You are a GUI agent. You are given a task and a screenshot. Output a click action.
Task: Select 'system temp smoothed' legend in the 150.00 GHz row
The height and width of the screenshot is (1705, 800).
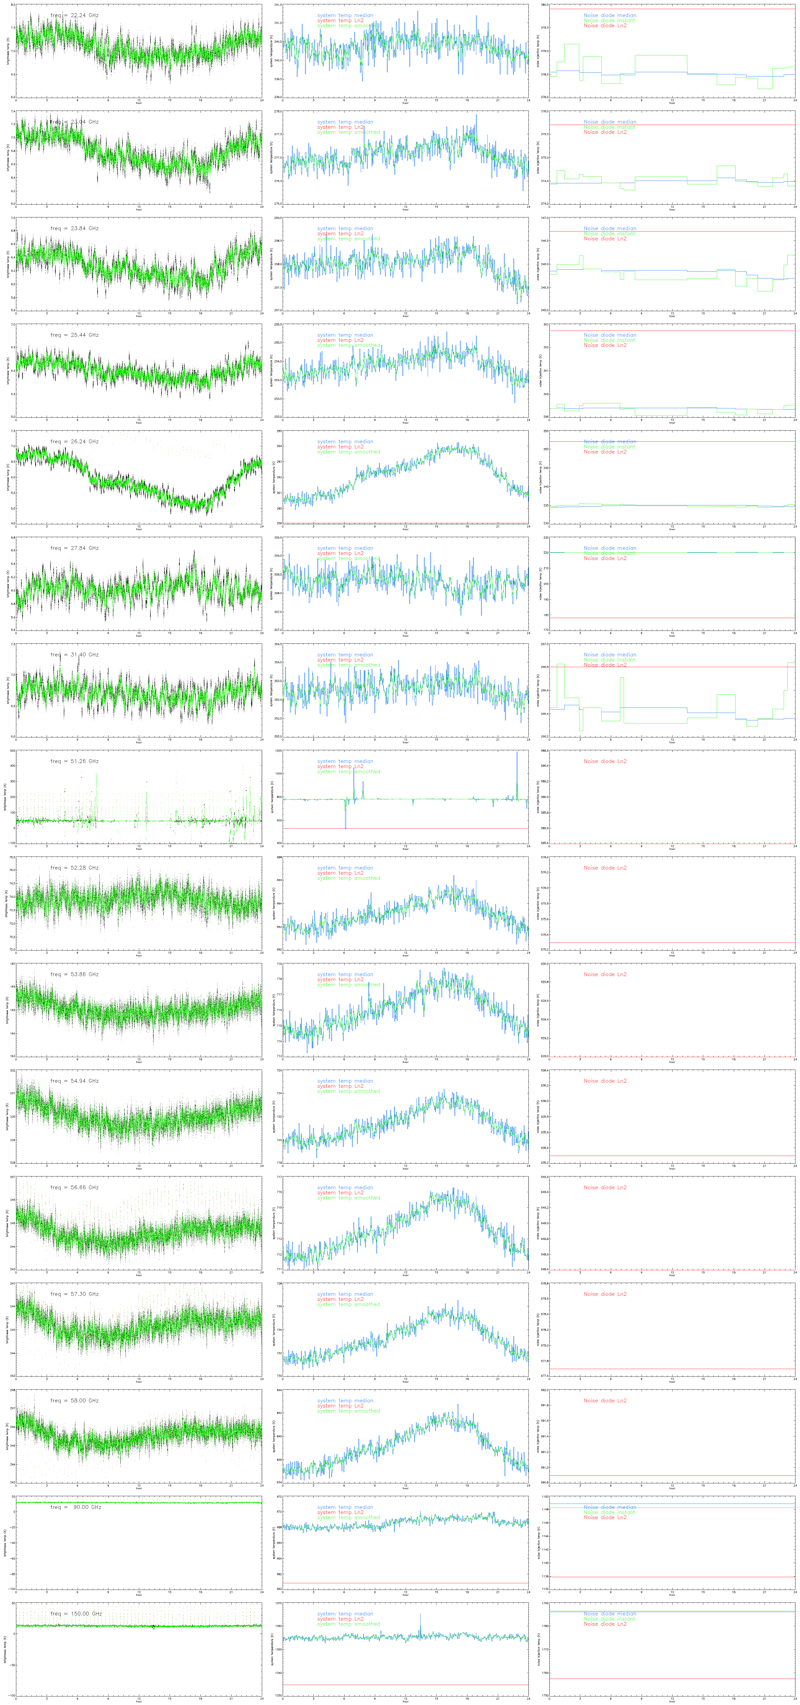[348, 1624]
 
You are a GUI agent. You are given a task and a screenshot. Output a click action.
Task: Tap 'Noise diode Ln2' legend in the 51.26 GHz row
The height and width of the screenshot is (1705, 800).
[605, 761]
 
